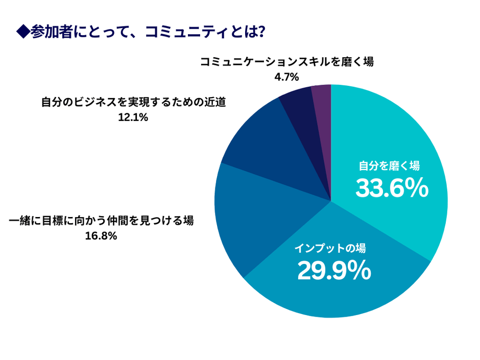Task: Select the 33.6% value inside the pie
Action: click(x=392, y=189)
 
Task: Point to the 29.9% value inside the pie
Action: click(x=334, y=271)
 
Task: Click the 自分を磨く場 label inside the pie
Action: click(x=389, y=166)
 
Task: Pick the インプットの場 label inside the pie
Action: click(x=330, y=249)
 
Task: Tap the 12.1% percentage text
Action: click(x=133, y=117)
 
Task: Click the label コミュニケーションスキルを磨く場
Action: click(x=286, y=62)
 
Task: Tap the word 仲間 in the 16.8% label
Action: click(x=117, y=221)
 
